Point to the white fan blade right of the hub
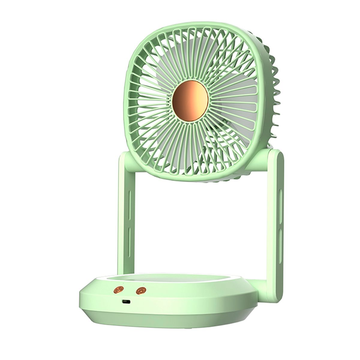[x=228, y=105]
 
